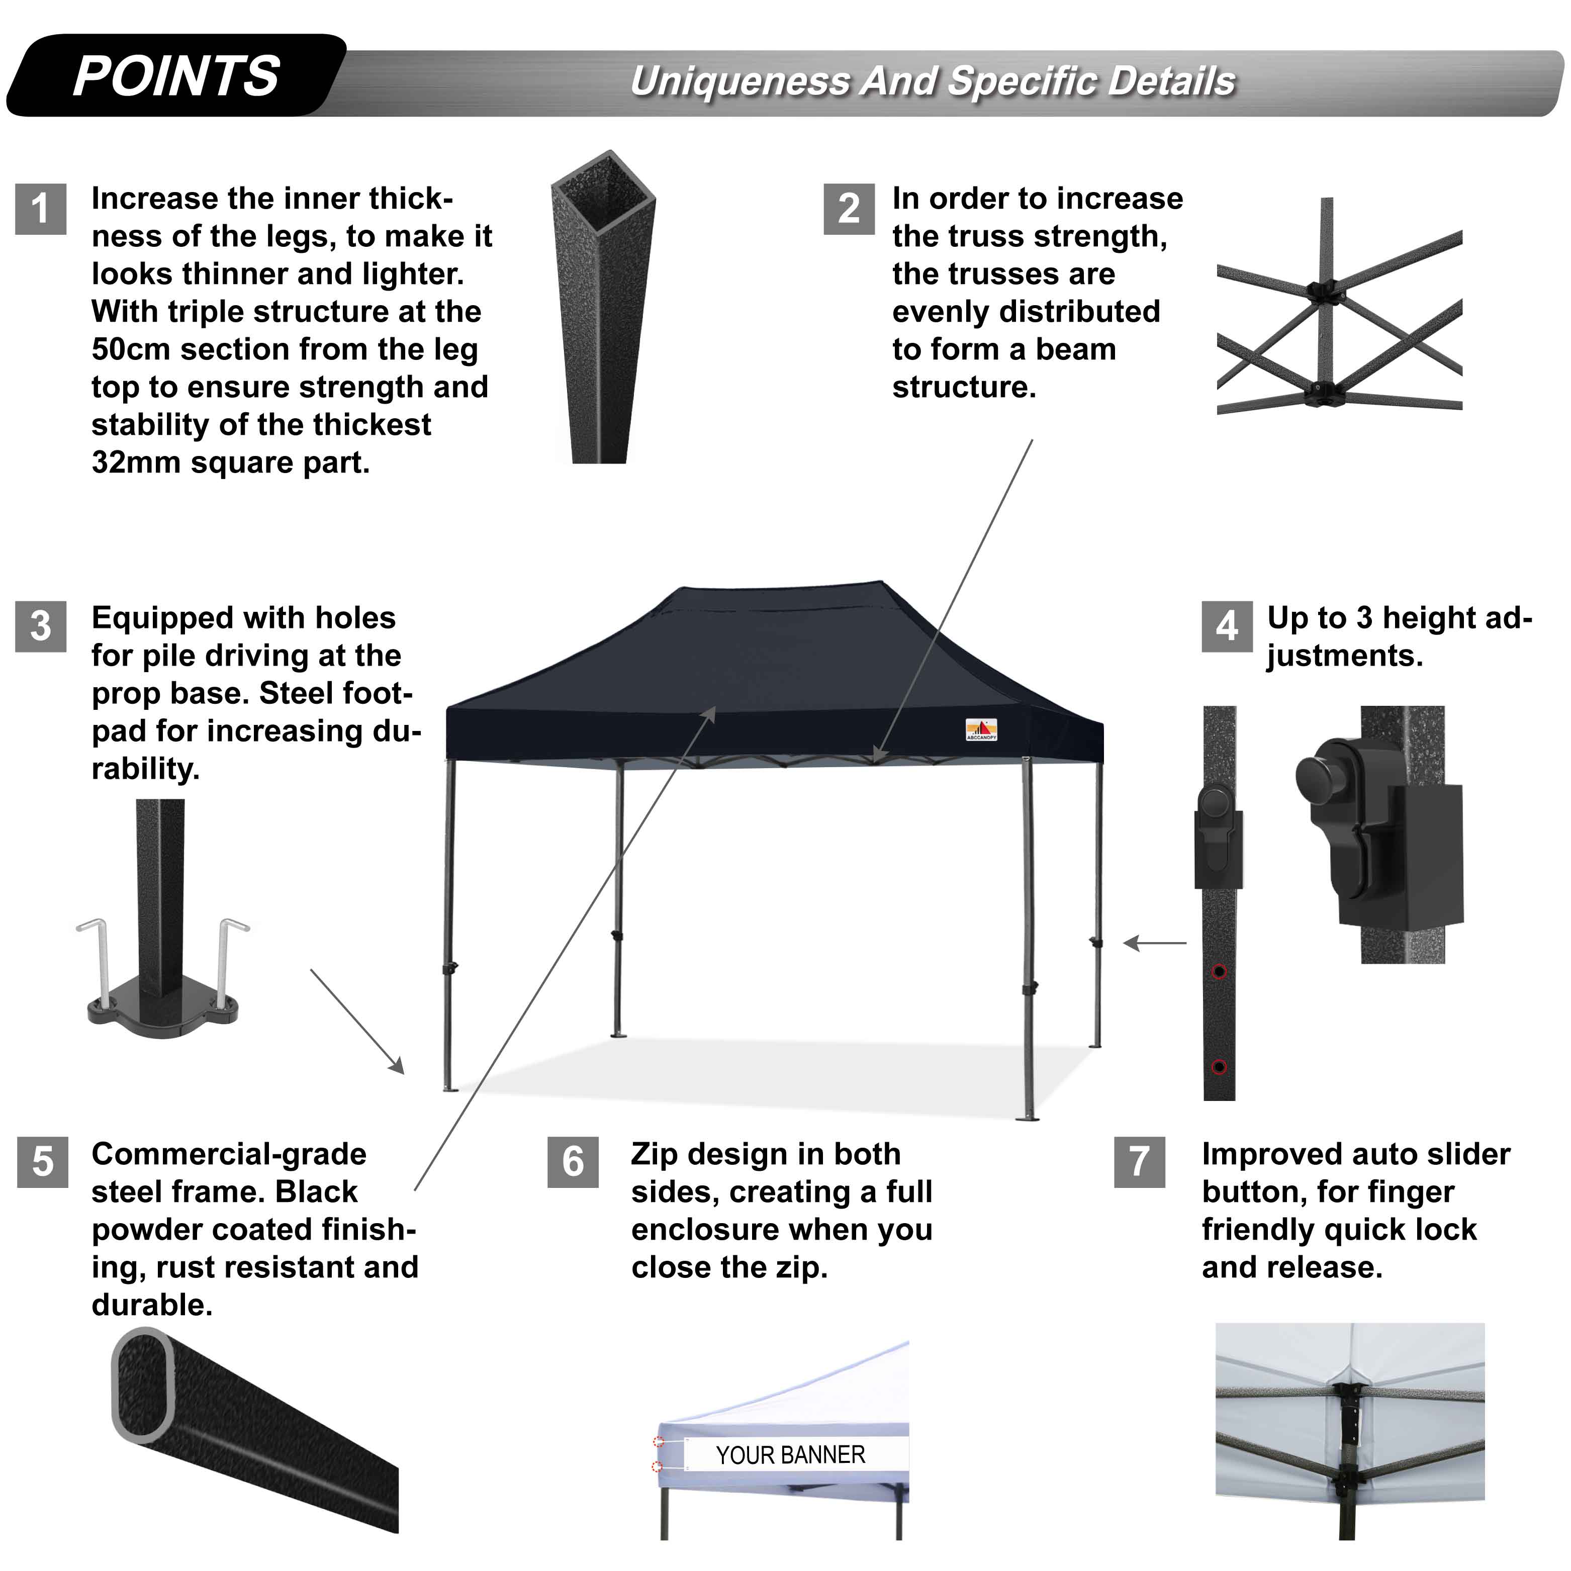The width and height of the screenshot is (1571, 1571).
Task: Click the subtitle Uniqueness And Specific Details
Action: tap(932, 81)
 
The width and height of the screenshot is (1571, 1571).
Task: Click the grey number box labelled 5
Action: tap(42, 1162)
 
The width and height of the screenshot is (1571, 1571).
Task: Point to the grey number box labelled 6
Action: tap(573, 1162)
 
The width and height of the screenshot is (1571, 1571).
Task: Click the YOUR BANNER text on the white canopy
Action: tap(790, 1455)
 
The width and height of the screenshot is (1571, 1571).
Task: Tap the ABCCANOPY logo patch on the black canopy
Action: tap(981, 729)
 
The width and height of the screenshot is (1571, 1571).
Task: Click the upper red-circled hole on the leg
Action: tap(1219, 972)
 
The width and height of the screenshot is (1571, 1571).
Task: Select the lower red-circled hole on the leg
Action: tap(1219, 1067)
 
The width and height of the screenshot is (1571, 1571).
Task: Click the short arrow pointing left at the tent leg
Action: tap(1155, 943)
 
